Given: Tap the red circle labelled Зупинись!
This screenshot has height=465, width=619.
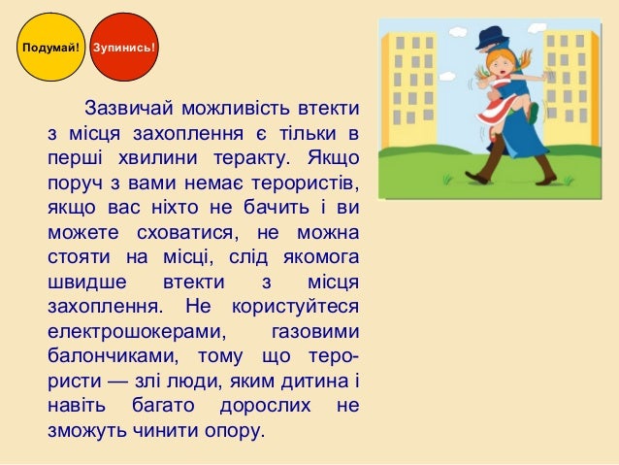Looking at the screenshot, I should click(x=123, y=46).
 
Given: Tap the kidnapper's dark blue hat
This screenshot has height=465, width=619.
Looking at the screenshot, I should click(x=490, y=36).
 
